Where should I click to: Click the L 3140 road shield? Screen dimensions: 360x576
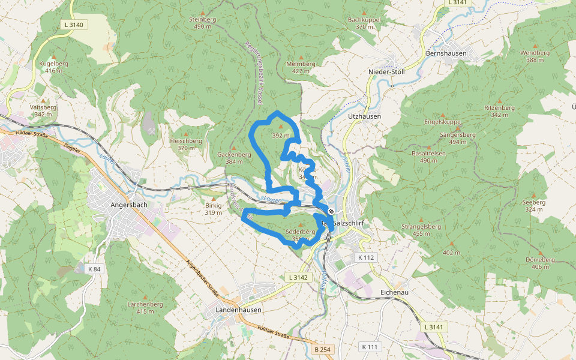(x=76, y=25)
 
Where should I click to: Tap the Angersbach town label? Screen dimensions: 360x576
(x=129, y=205)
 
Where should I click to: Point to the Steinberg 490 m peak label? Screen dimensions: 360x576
(x=202, y=23)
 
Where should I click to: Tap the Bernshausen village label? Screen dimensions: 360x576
(x=446, y=53)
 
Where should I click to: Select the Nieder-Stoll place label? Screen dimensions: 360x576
(x=386, y=72)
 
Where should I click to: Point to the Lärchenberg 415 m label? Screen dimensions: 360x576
(x=145, y=307)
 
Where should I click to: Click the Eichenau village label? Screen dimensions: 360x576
(x=395, y=292)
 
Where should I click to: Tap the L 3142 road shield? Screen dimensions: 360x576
(x=298, y=277)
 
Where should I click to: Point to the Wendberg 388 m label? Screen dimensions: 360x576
(x=535, y=56)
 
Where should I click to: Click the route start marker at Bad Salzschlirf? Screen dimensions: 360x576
(x=331, y=211)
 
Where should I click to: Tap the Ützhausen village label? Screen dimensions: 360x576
(x=364, y=116)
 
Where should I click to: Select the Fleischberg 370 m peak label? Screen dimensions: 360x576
(x=186, y=144)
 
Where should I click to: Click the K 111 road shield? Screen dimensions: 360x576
(x=370, y=347)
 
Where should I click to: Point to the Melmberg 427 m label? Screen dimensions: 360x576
(x=301, y=67)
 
